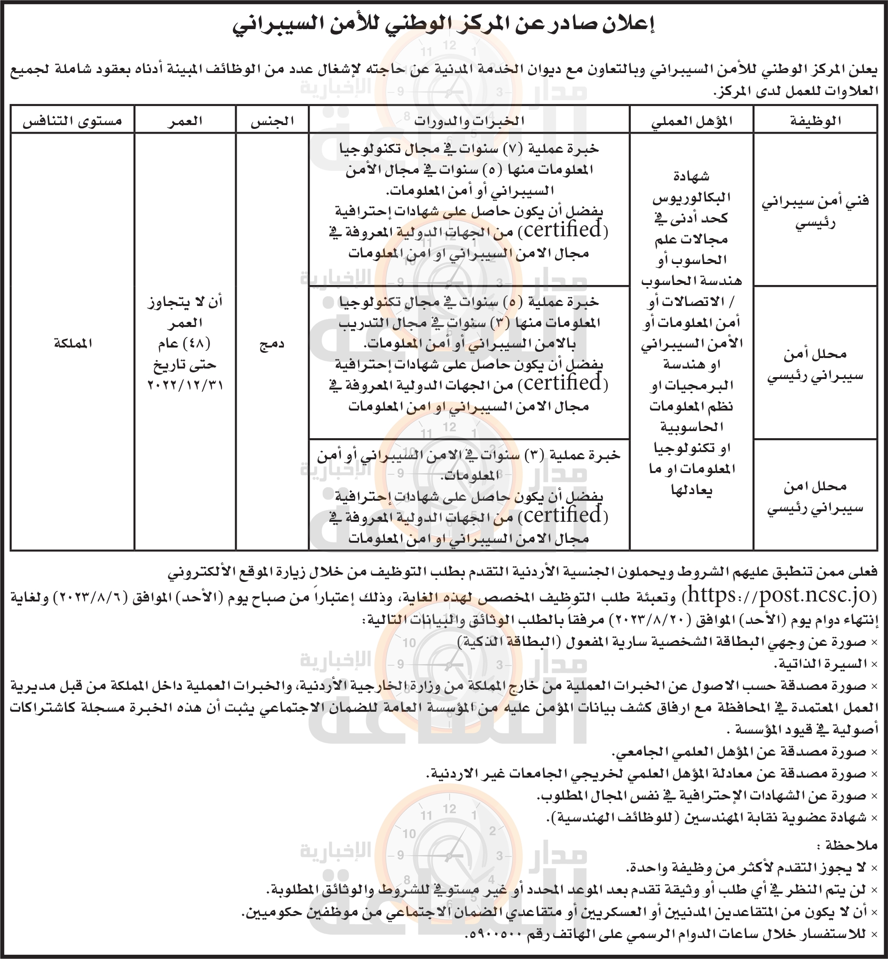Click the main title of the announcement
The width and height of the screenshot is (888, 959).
click(444, 25)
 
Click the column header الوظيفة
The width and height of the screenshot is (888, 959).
click(815, 121)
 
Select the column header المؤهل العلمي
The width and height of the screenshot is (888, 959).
click(691, 121)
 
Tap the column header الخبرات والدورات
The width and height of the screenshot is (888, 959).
click(469, 121)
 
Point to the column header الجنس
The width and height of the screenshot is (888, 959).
click(272, 121)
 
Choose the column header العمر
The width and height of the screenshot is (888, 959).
click(185, 121)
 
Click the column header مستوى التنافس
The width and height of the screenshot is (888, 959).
click(72, 121)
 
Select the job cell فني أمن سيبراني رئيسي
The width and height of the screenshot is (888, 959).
click(815, 211)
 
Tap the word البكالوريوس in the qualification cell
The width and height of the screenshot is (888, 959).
click(691, 198)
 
